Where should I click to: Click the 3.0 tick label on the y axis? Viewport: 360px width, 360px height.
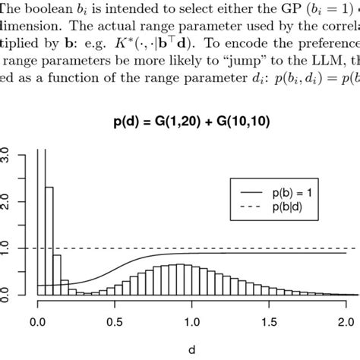7,155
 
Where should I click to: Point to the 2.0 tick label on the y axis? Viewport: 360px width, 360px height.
7,201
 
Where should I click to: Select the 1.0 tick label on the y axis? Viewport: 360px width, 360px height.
7,248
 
